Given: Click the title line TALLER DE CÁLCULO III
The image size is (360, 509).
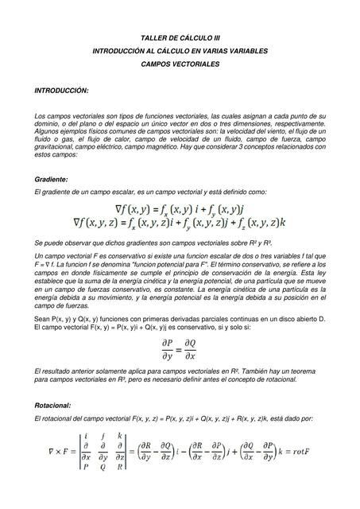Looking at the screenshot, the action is point(180,37).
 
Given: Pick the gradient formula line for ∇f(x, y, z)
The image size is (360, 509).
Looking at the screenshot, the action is point(180,225).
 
